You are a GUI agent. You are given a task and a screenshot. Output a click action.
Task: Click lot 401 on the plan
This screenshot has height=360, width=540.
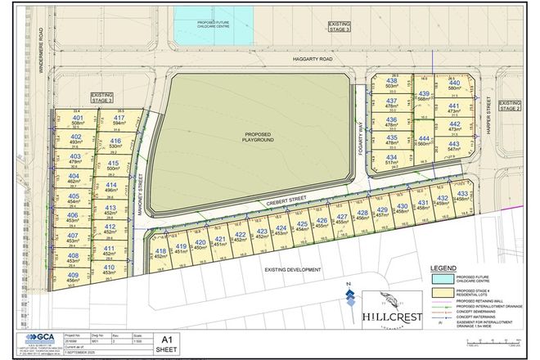pyautogui.click(x=78, y=122)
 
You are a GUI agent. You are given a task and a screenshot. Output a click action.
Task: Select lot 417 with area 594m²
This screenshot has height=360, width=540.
pyautogui.click(x=119, y=122)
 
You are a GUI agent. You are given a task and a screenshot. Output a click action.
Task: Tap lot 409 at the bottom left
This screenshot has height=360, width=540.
pyautogui.click(x=74, y=277)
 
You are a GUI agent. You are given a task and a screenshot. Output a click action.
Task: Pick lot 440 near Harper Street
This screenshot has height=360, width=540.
pyautogui.click(x=454, y=87)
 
